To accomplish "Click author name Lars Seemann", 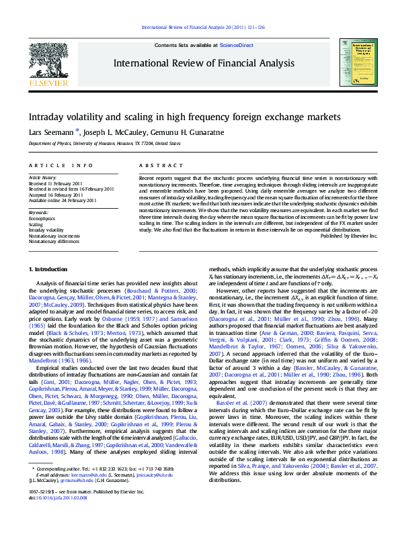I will [x=44, y=132].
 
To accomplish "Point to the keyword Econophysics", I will [x=42, y=218].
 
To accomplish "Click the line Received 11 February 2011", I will [x=56, y=183].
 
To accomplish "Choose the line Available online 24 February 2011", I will [x=62, y=200].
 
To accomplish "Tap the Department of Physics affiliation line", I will [x=104, y=143].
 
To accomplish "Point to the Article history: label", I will [x=42, y=177].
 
